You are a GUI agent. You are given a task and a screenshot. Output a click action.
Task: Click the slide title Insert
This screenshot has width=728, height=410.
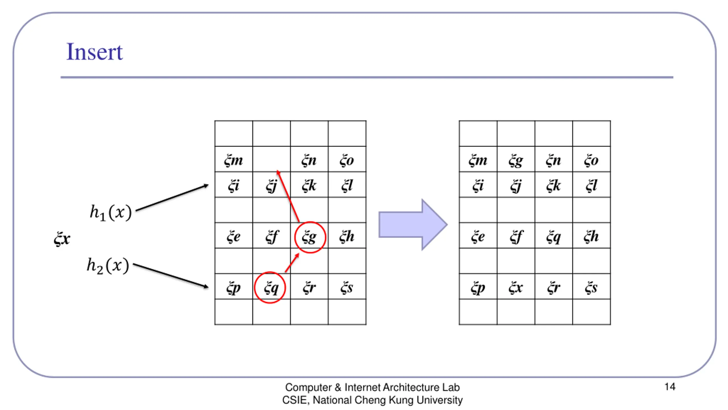click(x=94, y=52)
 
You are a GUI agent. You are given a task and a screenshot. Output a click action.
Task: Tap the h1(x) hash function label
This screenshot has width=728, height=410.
click(x=111, y=212)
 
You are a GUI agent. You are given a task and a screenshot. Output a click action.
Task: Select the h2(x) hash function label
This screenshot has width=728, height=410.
click(x=108, y=266)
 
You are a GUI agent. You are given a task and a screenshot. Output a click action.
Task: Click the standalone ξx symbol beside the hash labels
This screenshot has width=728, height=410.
click(x=62, y=238)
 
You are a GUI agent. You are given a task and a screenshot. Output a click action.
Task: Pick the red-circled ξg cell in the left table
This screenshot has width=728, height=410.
click(x=309, y=237)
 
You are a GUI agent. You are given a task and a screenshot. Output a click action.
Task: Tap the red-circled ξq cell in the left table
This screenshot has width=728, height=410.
click(x=270, y=288)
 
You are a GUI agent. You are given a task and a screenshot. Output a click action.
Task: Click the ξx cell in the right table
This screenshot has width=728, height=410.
click(x=516, y=288)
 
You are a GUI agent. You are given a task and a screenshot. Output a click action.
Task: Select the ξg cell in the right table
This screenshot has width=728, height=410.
click(x=516, y=160)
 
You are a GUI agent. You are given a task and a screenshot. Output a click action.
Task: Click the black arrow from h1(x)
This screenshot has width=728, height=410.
click(x=172, y=198)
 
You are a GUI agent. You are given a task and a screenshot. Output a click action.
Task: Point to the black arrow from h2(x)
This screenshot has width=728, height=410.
click(x=171, y=275)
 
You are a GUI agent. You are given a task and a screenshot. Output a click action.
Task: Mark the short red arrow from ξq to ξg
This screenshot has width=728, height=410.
click(x=292, y=263)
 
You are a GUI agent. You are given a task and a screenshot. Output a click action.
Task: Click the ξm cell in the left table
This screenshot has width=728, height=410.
click(x=233, y=160)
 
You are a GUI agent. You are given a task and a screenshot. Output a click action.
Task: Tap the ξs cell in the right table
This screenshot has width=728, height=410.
click(x=591, y=288)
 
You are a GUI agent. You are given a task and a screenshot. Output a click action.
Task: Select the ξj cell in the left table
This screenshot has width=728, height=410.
click(x=271, y=186)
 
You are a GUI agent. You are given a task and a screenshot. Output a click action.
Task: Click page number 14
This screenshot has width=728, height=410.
click(x=670, y=387)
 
